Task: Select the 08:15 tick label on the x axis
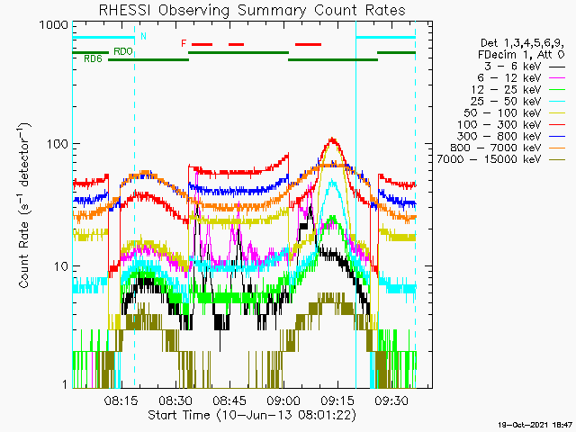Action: [x=121, y=401]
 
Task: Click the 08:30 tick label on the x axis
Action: [x=175, y=401]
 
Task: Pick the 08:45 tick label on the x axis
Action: [x=229, y=401]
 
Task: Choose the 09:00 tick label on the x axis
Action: [x=283, y=401]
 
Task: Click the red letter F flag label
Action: [x=184, y=43]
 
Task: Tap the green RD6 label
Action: [x=92, y=59]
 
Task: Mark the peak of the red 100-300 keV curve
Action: [x=333, y=139]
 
